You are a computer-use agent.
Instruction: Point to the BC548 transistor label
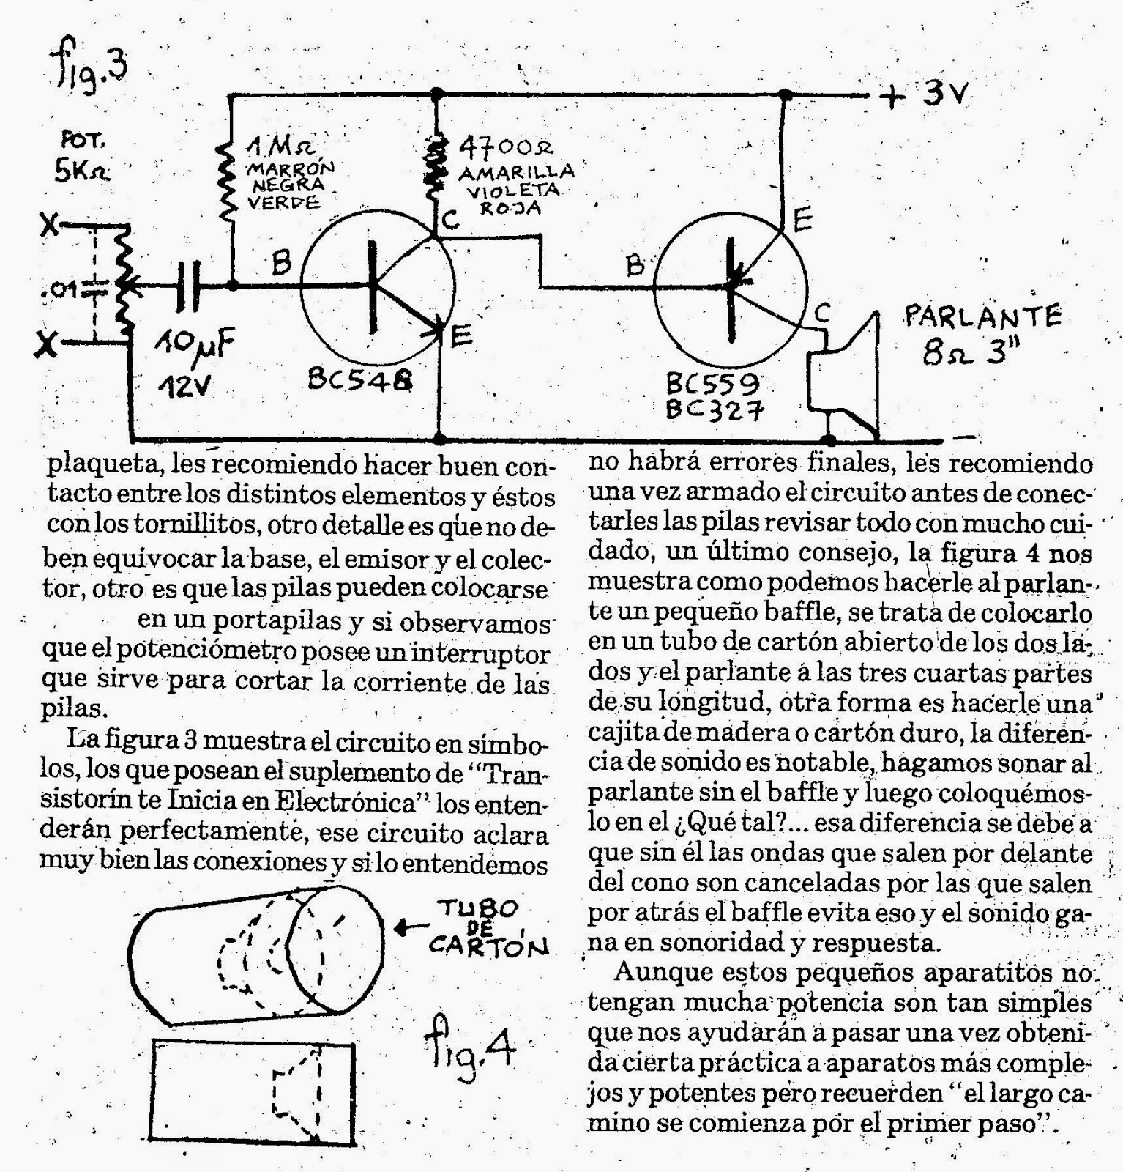tap(359, 379)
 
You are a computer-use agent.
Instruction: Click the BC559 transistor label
tap(712, 383)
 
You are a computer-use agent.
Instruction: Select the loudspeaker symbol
tap(846, 374)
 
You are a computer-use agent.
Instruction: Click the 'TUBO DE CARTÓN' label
tap(486, 928)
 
